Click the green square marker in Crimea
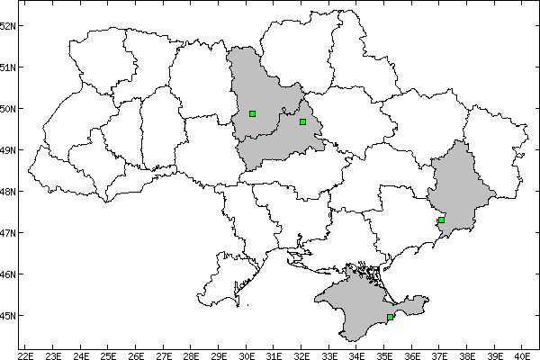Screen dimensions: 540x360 (390, 317)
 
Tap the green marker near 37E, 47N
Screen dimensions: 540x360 (442, 220)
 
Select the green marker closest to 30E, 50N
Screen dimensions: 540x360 (253, 113)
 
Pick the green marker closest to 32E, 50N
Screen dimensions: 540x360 (303, 121)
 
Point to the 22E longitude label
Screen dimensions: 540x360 (26, 354)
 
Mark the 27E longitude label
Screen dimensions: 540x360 (164, 354)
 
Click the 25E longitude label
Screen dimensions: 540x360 (109, 354)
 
